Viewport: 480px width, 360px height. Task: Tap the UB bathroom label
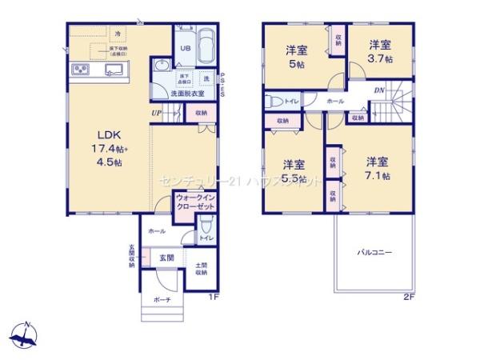183,48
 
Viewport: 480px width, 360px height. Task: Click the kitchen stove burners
82,70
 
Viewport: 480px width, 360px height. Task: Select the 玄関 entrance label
166,258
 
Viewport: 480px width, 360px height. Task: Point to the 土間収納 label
200,269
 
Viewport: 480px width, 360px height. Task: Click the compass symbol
26,334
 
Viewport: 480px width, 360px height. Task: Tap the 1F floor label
214,298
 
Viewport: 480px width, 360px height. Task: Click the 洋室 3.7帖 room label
380,52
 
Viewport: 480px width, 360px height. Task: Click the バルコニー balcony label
373,252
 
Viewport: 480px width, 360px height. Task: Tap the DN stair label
378,90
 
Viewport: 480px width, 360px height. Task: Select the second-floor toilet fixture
275,102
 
